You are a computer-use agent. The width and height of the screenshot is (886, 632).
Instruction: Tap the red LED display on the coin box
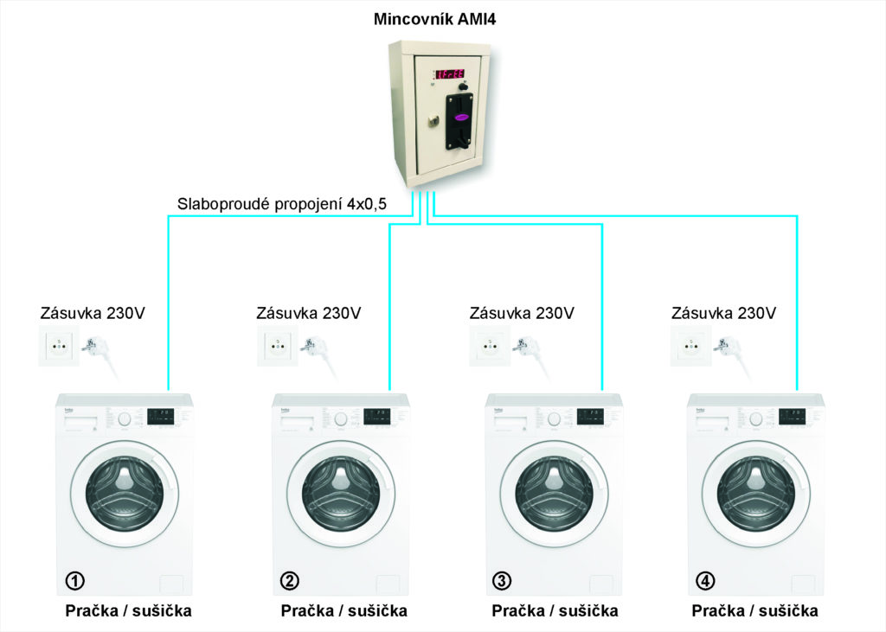450,74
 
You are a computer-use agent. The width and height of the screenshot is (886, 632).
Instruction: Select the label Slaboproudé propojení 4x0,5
282,205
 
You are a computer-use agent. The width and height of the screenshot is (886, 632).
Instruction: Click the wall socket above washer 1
58,346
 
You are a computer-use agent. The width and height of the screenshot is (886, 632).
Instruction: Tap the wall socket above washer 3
488,346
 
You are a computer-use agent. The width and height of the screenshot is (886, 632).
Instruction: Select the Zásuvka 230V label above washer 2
309,313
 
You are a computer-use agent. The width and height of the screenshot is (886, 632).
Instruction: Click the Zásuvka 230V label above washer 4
724,313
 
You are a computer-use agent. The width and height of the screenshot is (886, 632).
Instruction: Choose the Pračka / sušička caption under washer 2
343,611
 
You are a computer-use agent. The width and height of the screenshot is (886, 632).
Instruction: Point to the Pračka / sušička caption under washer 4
754,611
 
